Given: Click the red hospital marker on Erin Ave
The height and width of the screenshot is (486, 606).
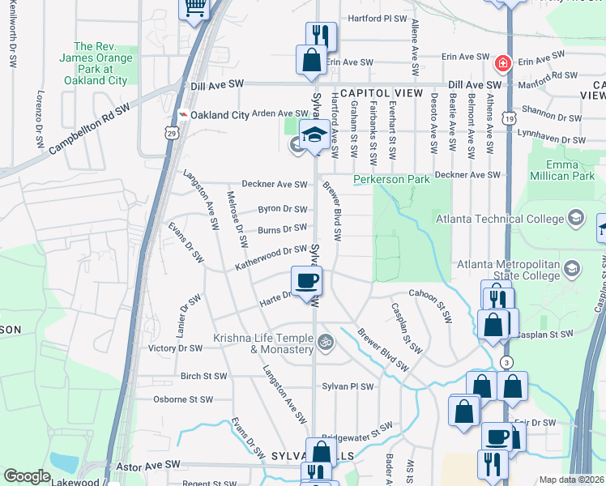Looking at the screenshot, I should (x=502, y=62).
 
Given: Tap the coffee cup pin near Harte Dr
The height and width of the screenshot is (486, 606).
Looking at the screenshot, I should (x=307, y=282).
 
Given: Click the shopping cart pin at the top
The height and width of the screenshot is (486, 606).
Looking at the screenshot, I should (x=194, y=7).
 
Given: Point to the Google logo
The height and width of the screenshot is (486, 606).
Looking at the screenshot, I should (x=28, y=476).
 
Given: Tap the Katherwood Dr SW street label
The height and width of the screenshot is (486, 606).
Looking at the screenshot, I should (x=271, y=258).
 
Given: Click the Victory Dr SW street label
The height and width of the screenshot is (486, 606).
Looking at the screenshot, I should (x=176, y=348).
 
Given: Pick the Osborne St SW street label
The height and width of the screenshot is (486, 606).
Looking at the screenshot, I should (x=183, y=399).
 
